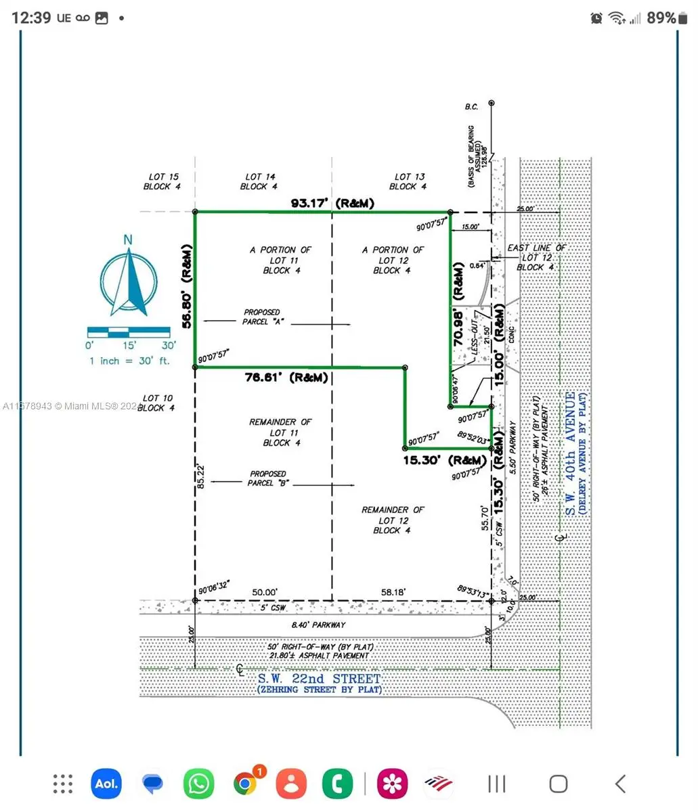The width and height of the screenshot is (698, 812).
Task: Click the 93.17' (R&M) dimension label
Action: tap(332, 203)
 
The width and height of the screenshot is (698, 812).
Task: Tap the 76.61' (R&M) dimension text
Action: tap(286, 378)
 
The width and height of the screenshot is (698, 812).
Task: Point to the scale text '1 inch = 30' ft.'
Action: tap(129, 361)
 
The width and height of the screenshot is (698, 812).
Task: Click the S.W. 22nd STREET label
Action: tap(319, 679)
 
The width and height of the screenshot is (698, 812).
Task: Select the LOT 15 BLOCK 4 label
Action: tap(162, 181)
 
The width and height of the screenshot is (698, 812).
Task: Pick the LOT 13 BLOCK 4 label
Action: tap(409, 181)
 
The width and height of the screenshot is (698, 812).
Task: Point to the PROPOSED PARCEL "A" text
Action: tap(261, 317)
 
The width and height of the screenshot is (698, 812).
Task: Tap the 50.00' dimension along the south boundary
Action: tap(264, 592)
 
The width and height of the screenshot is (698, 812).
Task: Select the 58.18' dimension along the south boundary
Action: tap(393, 592)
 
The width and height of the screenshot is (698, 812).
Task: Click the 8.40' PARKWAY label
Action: tap(318, 625)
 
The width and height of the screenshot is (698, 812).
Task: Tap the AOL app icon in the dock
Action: tap(106, 784)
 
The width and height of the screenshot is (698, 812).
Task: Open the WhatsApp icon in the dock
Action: tap(198, 784)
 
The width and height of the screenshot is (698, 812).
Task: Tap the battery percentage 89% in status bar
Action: tap(661, 18)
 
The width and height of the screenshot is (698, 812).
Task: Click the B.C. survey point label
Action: tap(471, 106)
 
